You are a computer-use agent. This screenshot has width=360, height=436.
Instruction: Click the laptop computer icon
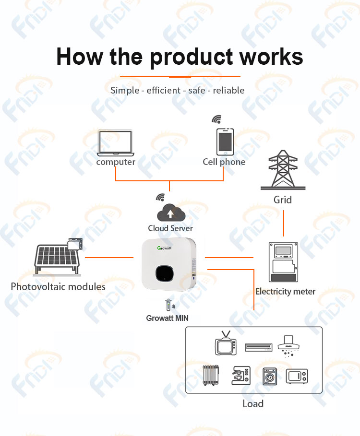(x=116, y=143)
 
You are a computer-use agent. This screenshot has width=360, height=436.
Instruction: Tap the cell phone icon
(x=225, y=142)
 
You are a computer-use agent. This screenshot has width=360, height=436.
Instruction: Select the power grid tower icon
(x=283, y=170)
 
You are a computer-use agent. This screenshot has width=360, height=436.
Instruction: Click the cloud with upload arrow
(x=171, y=213)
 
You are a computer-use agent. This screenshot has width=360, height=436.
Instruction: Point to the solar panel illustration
(x=58, y=257)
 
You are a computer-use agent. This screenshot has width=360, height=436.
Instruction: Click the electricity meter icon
(x=284, y=262)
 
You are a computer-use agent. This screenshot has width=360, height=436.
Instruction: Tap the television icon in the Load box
(x=226, y=343)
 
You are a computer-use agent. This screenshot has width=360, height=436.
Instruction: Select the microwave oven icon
(x=297, y=377)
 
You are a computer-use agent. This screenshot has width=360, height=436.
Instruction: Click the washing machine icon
(x=270, y=377)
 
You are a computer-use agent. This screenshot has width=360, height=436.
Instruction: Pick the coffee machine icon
(x=241, y=376)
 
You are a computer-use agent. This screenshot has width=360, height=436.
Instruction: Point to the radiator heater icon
(x=211, y=376)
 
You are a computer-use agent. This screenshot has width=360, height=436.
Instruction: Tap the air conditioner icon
(x=258, y=347)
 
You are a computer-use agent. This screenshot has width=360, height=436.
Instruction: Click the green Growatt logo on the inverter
(x=165, y=248)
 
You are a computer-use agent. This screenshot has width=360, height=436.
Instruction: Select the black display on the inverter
(x=165, y=273)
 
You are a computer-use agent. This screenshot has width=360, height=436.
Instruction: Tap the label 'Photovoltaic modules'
(x=58, y=287)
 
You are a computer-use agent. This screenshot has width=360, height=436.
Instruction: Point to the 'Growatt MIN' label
(x=167, y=318)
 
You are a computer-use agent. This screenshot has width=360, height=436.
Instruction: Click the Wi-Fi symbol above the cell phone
(x=217, y=119)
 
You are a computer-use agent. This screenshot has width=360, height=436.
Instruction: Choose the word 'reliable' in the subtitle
(x=228, y=90)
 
